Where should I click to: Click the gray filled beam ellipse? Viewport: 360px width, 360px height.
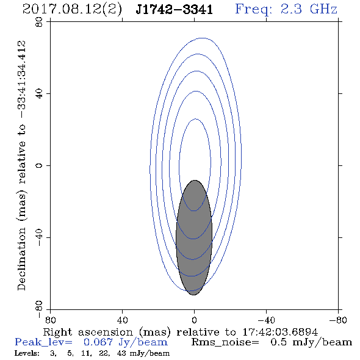[x=194, y=237]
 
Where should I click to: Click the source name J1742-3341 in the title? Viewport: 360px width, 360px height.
[x=174, y=10]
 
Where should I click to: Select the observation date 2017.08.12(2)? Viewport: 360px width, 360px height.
[x=73, y=10]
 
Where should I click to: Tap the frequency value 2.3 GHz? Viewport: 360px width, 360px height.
[x=309, y=9]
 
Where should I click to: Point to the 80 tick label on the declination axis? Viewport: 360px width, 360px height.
[x=39, y=22]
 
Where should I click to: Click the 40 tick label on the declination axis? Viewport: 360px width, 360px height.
[x=39, y=94]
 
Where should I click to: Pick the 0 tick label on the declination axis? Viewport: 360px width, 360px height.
[x=39, y=165]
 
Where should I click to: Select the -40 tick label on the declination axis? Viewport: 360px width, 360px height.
[x=39, y=237]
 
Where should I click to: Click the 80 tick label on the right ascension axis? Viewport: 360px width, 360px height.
[x=50, y=320]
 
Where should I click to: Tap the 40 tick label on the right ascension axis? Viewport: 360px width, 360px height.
[x=122, y=320]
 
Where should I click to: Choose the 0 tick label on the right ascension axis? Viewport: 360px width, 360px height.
[x=194, y=320]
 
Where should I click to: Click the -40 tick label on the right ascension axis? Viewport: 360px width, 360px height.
[x=266, y=320]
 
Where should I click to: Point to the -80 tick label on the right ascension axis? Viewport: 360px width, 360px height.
[x=338, y=320]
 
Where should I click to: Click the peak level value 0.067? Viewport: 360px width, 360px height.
[x=98, y=342]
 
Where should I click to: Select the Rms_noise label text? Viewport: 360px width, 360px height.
[x=225, y=342]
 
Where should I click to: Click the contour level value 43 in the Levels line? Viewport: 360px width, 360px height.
[x=121, y=353]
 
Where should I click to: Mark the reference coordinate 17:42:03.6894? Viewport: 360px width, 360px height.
[x=280, y=332]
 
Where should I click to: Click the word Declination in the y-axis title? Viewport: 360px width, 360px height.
[x=21, y=259]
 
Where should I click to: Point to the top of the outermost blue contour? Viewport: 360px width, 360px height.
[x=202, y=38]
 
